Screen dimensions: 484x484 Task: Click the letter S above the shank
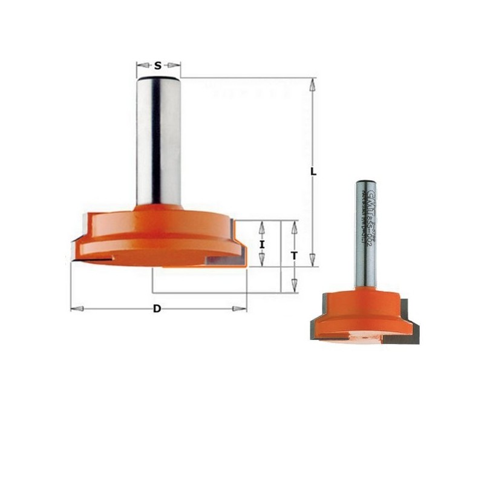coord(158,65)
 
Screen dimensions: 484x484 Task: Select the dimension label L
coord(313,172)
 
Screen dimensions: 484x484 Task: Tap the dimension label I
coord(261,244)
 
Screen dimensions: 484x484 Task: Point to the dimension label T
coord(293,256)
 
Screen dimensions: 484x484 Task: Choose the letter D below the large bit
coord(157,309)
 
